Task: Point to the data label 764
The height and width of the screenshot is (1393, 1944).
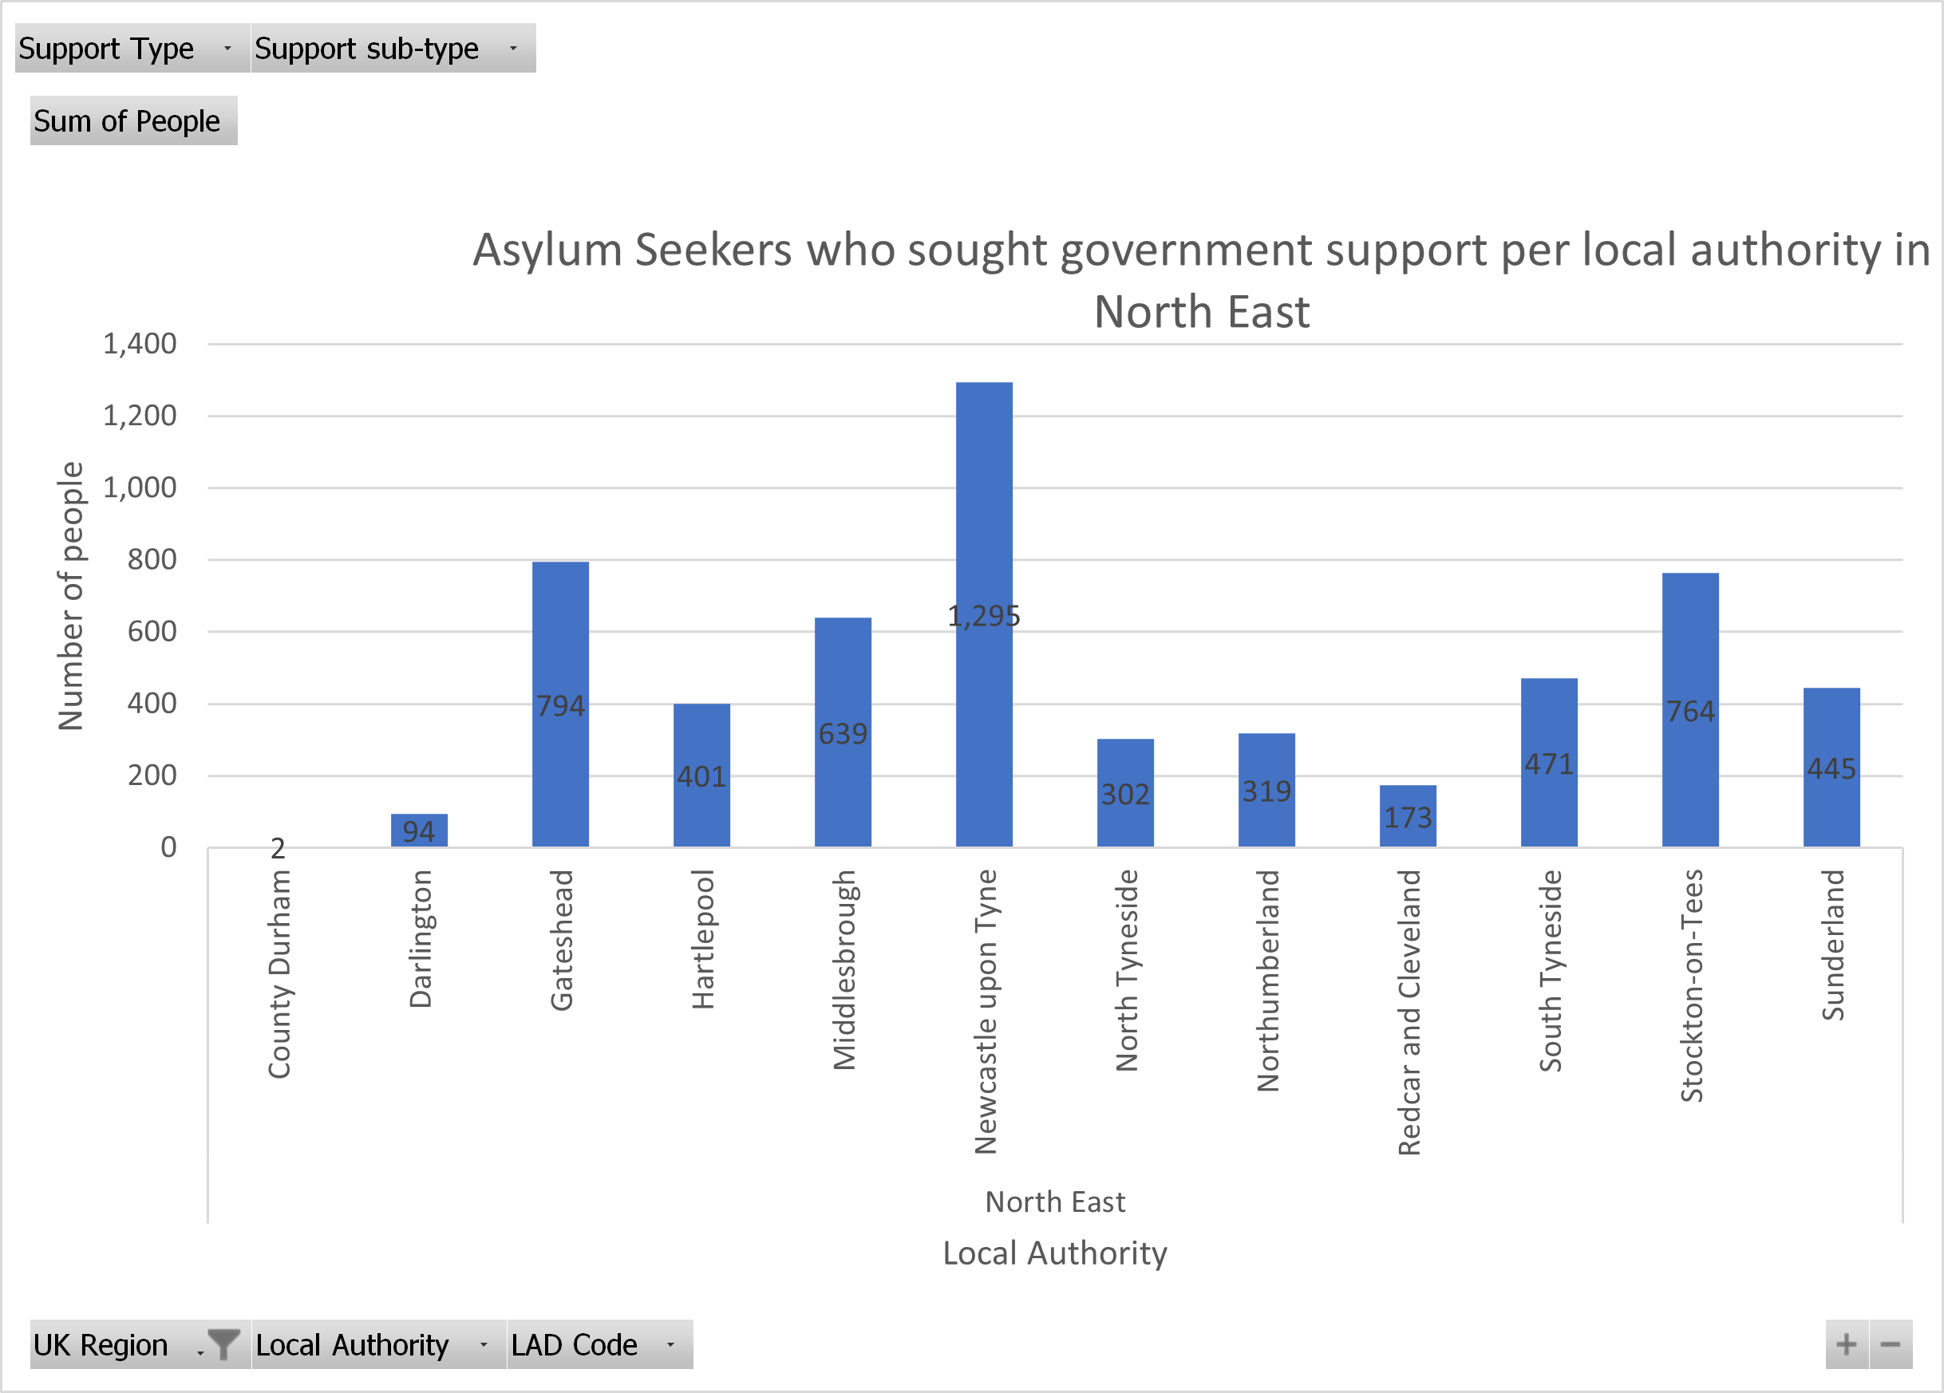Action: click(x=1690, y=711)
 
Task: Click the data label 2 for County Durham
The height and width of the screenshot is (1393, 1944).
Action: click(x=278, y=848)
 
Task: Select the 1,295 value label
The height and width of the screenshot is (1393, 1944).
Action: click(x=984, y=616)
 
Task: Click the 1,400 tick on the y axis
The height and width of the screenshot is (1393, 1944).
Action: click(x=140, y=344)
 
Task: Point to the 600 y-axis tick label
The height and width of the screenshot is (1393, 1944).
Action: click(x=152, y=631)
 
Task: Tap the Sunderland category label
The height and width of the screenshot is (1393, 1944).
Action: click(x=1831, y=944)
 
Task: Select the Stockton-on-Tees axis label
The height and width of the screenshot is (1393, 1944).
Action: click(x=1690, y=985)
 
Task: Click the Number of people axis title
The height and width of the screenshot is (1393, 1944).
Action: click(x=70, y=595)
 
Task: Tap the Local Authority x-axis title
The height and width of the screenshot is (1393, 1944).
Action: click(x=1054, y=1253)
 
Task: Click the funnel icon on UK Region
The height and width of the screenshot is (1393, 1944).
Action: click(x=223, y=1344)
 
